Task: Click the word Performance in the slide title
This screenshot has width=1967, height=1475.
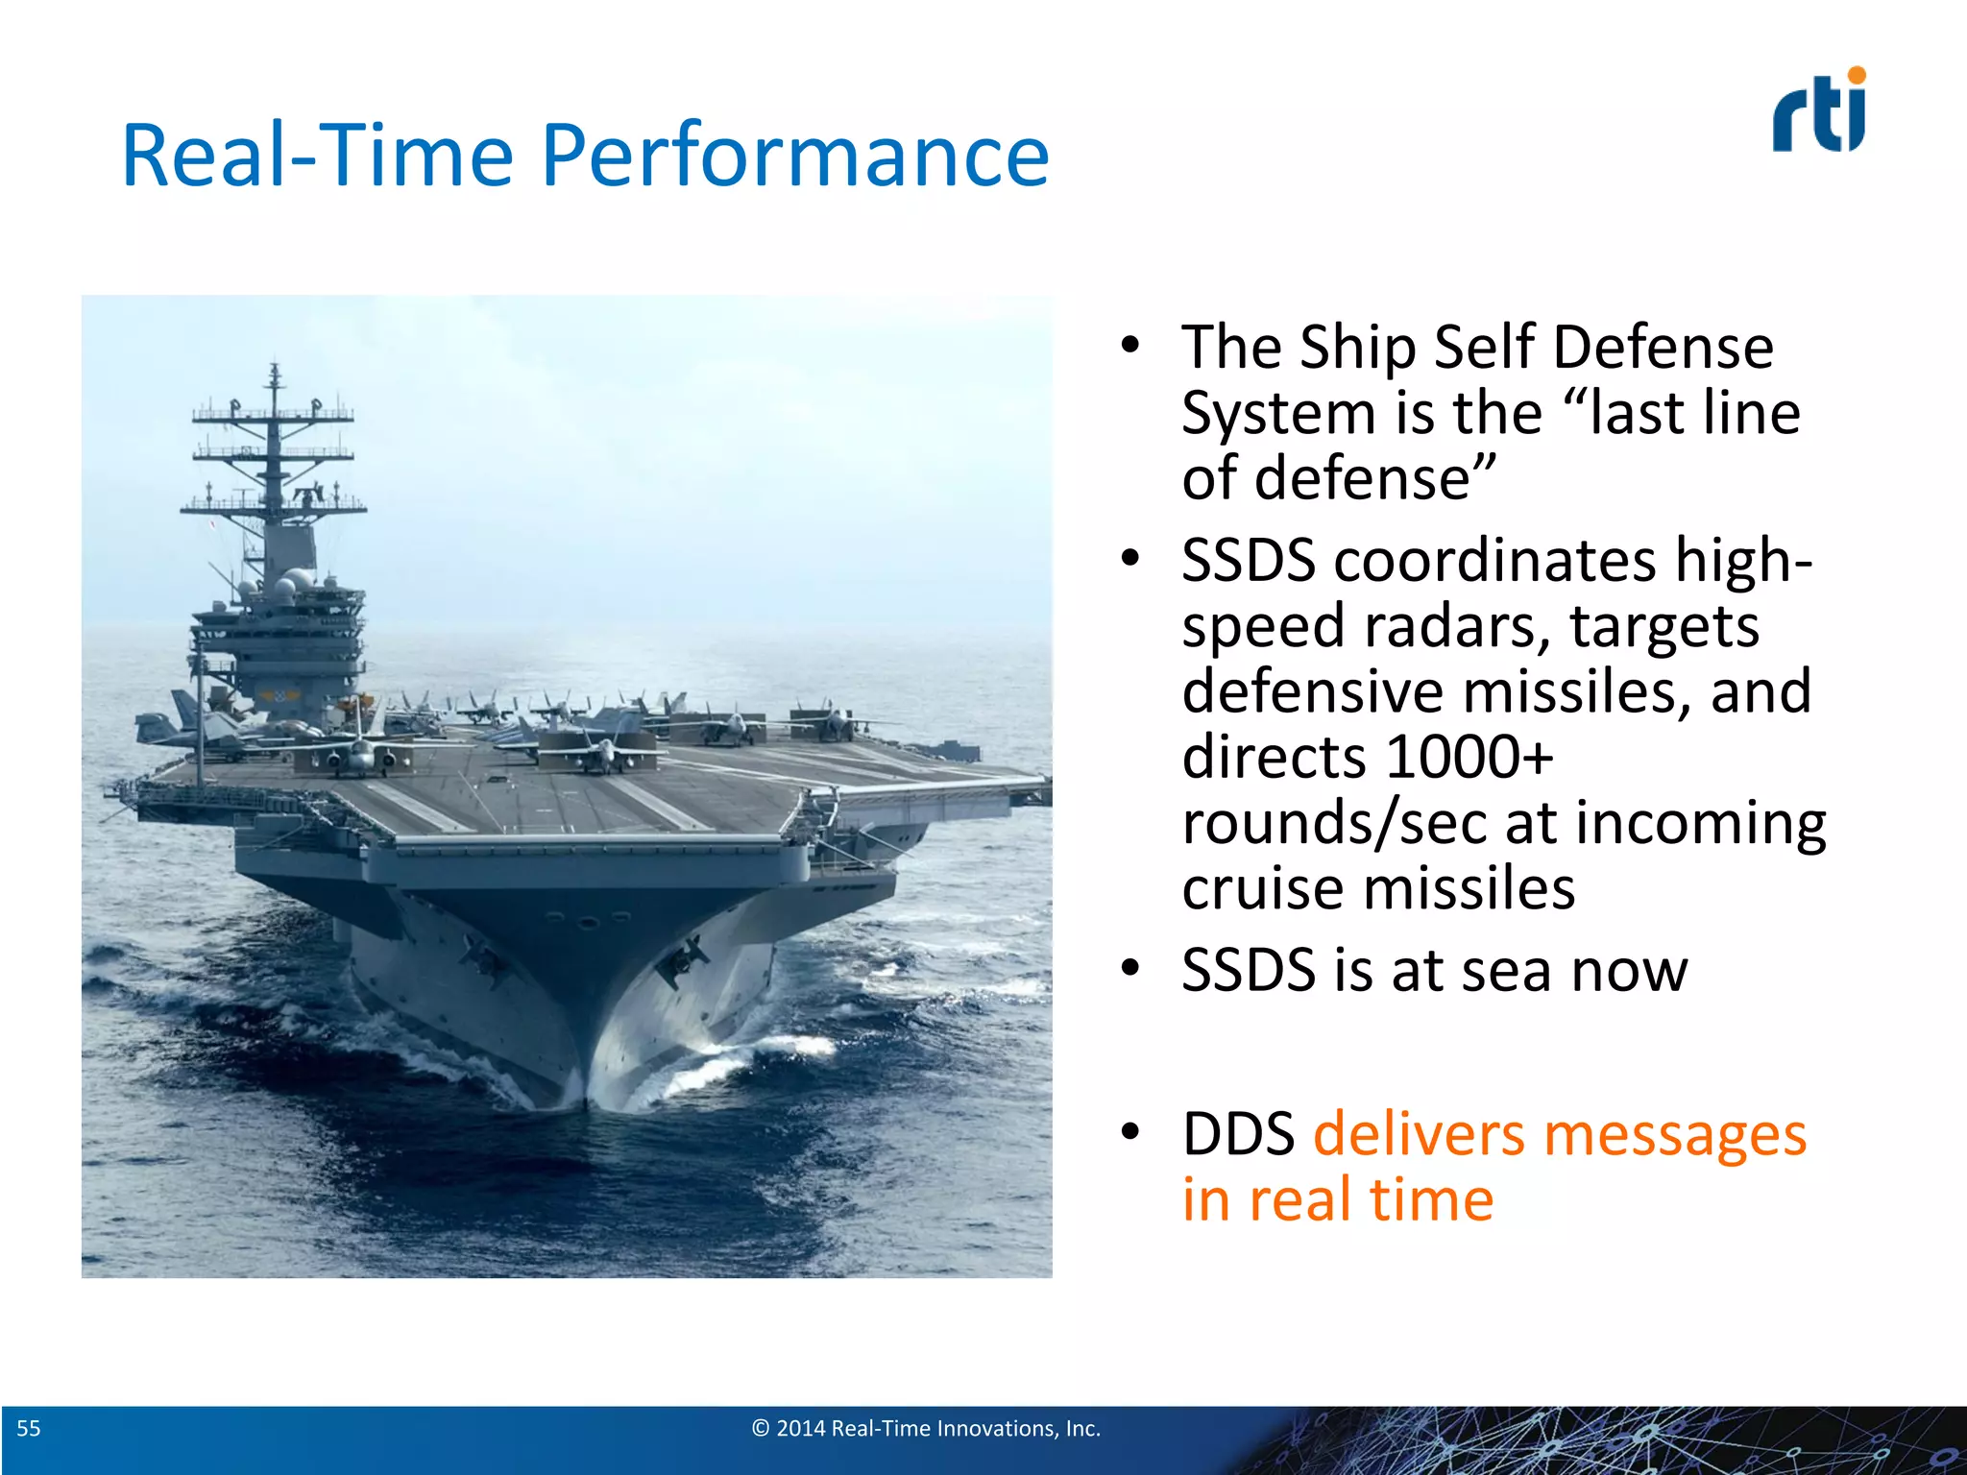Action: pos(795,157)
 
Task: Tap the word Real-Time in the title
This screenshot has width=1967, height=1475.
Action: pos(318,157)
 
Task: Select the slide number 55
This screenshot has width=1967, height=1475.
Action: pos(29,1429)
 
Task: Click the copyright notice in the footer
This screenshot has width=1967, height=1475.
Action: pos(926,1429)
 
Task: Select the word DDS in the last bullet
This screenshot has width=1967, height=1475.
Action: pos(1238,1135)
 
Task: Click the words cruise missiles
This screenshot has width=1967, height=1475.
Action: pos(1378,889)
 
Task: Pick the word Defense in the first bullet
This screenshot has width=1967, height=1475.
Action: pos(1663,348)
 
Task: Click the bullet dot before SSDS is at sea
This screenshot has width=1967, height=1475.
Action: pos(1130,969)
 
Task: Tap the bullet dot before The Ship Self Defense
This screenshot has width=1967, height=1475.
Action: pos(1130,345)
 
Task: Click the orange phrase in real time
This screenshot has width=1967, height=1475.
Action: pos(1337,1200)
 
